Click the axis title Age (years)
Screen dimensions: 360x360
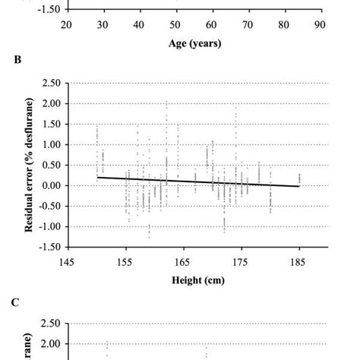pyautogui.click(x=194, y=43)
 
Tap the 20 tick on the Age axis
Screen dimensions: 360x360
pyautogui.click(x=67, y=25)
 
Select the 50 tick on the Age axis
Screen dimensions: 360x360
pyautogui.click(x=175, y=25)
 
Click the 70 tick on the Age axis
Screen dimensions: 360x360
pyautogui.click(x=248, y=25)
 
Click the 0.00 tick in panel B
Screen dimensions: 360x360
pyautogui.click(x=50, y=186)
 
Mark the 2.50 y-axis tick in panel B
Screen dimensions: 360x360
pyautogui.click(x=50, y=83)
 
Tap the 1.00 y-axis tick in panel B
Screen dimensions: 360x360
pyautogui.click(x=50, y=144)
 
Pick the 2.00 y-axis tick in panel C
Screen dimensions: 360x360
pyautogui.click(x=50, y=344)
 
